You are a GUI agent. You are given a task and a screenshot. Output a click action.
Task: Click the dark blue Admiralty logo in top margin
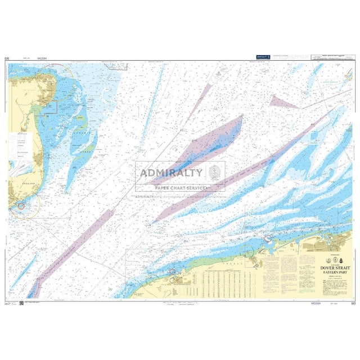[263, 56]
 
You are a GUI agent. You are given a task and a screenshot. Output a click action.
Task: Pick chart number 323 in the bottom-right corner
[353, 304]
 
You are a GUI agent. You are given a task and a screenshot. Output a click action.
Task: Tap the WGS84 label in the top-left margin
[42, 57]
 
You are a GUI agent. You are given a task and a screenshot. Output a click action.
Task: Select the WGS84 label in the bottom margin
[316, 304]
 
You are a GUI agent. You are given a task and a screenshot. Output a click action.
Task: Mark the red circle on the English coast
[21, 206]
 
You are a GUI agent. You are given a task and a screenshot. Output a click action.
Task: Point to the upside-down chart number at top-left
[7, 57]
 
